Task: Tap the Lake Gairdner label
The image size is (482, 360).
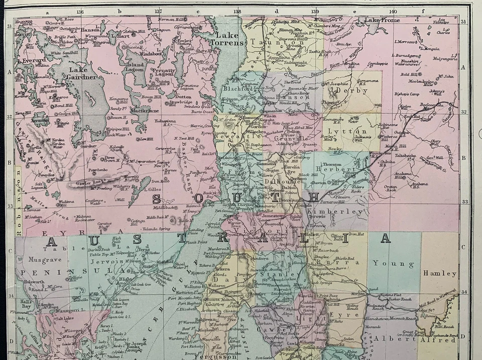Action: pos(83,74)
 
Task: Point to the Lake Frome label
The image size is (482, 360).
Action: pos(383,20)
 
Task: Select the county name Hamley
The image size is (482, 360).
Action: pos(440,274)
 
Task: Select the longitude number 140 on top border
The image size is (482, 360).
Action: pos(393,11)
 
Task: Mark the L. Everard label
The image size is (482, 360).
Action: pos(31,60)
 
